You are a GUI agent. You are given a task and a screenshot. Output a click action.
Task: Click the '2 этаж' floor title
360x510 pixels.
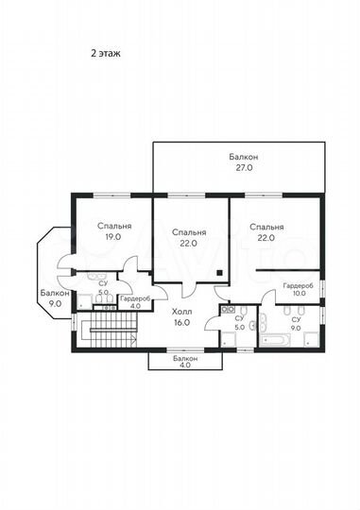click(106, 53)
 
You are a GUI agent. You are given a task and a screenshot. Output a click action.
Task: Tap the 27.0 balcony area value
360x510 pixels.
click(244, 168)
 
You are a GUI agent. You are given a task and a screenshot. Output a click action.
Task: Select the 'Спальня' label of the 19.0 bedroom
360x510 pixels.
click(114, 226)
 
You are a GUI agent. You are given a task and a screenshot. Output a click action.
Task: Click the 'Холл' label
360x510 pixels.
click(182, 312)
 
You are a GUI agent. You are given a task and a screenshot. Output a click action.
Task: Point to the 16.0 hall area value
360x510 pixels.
click(182, 323)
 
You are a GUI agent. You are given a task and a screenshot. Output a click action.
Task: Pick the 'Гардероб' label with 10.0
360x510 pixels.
click(299, 286)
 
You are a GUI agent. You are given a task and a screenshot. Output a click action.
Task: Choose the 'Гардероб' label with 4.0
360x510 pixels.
click(135, 298)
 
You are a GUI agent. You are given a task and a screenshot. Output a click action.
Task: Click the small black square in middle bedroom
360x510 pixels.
click(220, 273)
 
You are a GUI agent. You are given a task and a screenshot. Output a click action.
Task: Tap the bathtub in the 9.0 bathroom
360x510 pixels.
click(275, 340)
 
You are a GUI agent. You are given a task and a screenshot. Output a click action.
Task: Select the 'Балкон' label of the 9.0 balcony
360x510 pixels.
click(55, 293)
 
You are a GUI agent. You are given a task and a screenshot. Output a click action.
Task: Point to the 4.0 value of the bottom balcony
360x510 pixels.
click(185, 365)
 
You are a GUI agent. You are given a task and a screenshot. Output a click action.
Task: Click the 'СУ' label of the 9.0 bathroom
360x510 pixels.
click(296, 320)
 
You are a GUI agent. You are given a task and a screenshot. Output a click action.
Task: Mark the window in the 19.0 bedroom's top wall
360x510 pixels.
click(112, 195)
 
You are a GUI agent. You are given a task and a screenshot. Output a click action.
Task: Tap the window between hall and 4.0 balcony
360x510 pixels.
click(185, 350)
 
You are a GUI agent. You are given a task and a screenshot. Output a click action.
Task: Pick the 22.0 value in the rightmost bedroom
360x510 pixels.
click(266, 238)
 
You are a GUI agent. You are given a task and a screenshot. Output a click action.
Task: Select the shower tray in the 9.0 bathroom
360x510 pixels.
click(312, 339)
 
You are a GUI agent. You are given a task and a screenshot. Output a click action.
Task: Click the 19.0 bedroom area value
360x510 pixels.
click(113, 237)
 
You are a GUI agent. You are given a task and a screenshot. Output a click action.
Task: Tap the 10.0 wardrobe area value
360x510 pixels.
click(299, 293)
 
